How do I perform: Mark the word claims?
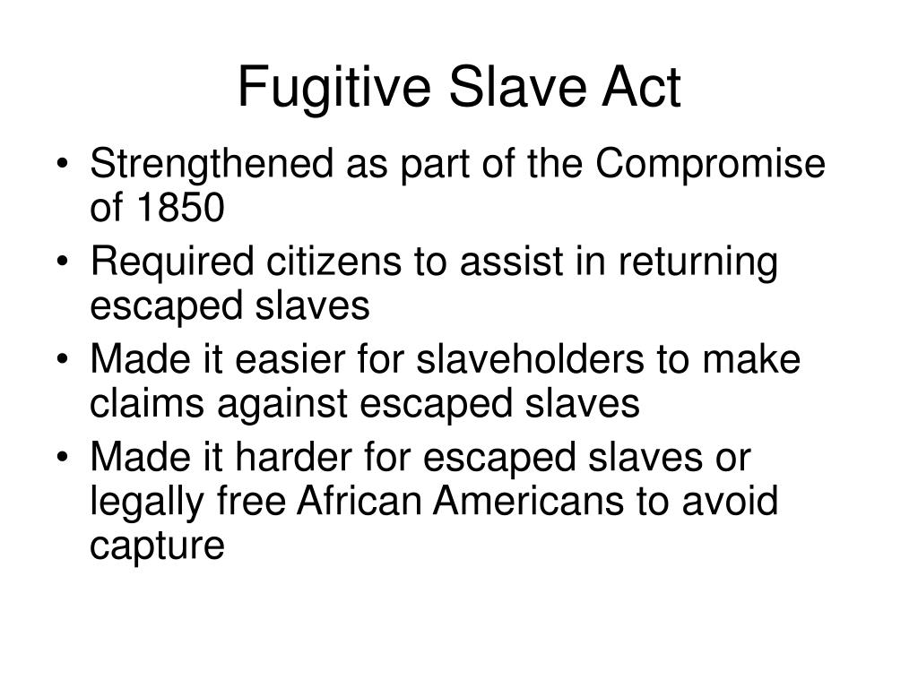coord(146,403)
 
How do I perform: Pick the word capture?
coord(156,546)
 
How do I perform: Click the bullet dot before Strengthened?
coord(71,167)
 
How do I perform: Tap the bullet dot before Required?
coord(71,264)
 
